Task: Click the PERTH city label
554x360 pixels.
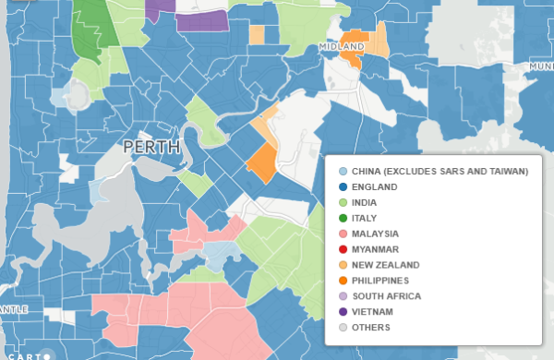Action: click(x=152, y=148)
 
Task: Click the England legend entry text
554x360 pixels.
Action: click(x=374, y=187)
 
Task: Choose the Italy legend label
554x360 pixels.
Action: click(x=364, y=218)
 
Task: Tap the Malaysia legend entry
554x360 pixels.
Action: click(x=375, y=234)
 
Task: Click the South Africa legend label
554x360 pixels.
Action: click(x=386, y=296)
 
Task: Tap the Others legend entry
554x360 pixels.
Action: click(x=372, y=328)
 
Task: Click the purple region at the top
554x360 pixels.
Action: click(x=204, y=21)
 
